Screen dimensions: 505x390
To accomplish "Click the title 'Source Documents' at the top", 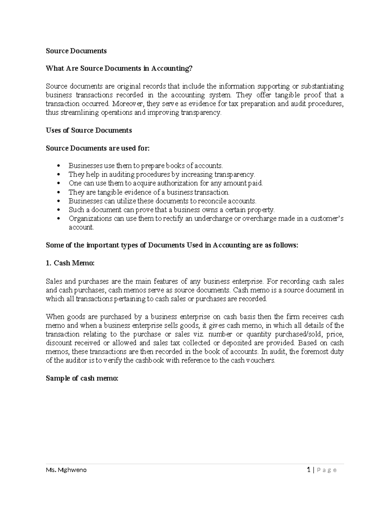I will [76, 51].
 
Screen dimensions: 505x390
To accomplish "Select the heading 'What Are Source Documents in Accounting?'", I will [119, 68].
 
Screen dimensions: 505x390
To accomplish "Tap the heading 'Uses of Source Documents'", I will [89, 130].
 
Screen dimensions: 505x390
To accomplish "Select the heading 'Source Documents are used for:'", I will [97, 148].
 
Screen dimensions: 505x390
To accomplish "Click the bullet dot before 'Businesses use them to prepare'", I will [58, 166].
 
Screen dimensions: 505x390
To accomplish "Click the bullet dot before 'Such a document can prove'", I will [58, 210].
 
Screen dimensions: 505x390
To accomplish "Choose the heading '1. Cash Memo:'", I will [70, 263].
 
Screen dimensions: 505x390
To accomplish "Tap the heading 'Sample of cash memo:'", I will [82, 378].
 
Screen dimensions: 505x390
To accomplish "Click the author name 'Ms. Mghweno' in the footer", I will [66, 470].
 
